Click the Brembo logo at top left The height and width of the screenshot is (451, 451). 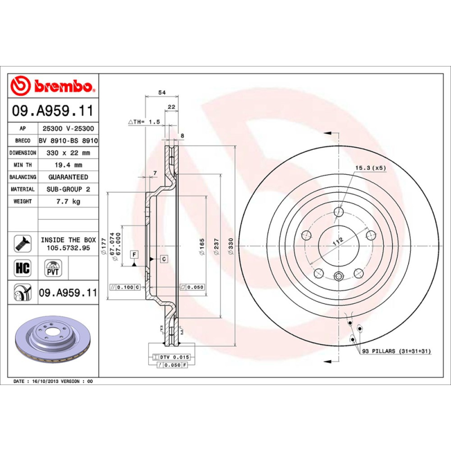(x=53, y=87)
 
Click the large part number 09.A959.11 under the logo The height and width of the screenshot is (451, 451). (x=53, y=111)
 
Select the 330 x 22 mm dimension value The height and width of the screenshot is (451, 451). (x=68, y=153)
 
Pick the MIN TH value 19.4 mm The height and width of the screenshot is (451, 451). (x=68, y=165)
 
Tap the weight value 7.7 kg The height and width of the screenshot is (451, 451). (x=68, y=201)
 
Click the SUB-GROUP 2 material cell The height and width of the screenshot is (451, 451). (x=68, y=189)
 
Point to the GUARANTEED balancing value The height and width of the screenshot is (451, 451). (x=68, y=177)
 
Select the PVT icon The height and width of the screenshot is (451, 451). (x=52, y=267)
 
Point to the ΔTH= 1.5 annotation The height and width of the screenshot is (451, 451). (x=144, y=122)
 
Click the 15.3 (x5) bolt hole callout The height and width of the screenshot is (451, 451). (x=370, y=168)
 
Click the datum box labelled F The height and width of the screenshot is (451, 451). (x=134, y=254)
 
